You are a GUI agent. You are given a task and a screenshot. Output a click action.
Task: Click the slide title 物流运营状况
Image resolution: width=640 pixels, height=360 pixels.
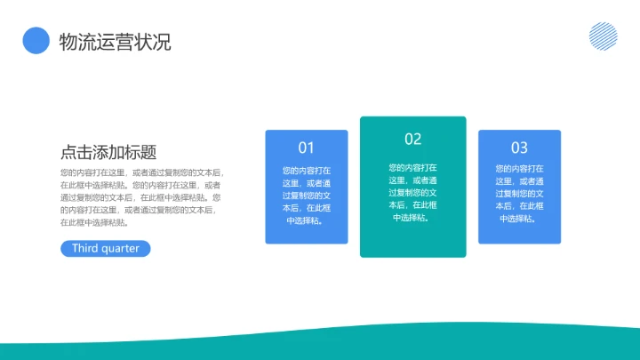coord(115,41)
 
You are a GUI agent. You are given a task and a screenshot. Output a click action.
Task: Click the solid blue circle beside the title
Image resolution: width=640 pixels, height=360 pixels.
coord(36,41)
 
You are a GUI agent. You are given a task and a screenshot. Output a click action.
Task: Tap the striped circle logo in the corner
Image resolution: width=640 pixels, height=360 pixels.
coord(603,36)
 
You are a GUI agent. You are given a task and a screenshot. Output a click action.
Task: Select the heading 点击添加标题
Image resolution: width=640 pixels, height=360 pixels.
coord(108,152)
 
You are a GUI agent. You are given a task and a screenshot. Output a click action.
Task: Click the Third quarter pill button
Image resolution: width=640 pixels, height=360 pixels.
coord(106,249)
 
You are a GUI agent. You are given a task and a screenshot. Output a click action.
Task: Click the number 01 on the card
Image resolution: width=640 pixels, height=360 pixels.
coord(306,148)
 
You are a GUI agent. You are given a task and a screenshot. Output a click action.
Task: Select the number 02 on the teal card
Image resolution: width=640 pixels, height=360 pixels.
coord(412,139)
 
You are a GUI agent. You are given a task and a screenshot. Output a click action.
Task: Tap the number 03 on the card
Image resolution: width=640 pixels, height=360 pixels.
coord(519,148)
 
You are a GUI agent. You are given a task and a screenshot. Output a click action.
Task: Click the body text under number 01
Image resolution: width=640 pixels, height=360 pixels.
coord(306,195)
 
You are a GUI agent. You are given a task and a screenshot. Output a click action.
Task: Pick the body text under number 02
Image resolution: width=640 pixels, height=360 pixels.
coord(412,192)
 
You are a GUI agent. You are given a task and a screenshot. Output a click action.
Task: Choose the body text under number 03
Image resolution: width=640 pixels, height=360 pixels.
coord(519,195)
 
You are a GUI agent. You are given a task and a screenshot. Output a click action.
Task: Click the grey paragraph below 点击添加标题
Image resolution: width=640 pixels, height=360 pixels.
coord(142,197)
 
